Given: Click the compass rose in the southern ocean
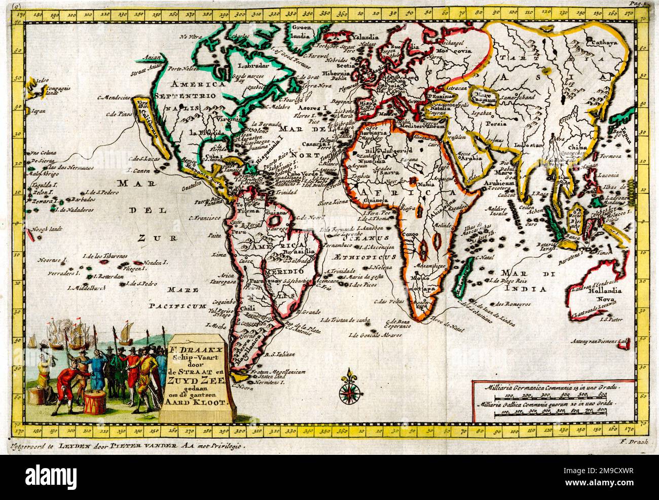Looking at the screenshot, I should point(348,388).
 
